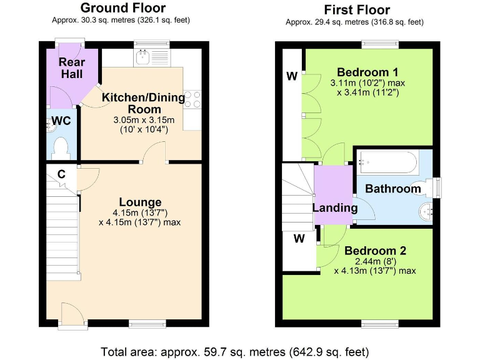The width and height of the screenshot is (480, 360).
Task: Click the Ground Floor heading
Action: pos(123,8)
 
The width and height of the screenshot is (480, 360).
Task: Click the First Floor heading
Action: pos(357,9)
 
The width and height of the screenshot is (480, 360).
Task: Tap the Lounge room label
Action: pos(140,202)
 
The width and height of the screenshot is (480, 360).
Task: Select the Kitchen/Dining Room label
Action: pos(144,103)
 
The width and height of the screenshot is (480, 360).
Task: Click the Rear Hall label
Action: pos(72,68)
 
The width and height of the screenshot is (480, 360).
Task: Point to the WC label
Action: pos(61,120)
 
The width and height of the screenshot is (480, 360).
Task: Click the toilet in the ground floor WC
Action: pos(61,147)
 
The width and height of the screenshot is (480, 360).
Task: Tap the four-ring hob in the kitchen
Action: pos(192,101)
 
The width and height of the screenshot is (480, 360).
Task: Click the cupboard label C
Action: pos(61,174)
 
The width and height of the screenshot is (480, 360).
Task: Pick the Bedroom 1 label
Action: pos(367,71)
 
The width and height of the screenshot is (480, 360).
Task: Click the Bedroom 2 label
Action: pos(375,251)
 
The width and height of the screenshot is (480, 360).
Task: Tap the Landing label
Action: pos(335,208)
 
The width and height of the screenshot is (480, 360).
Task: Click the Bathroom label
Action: pos(393,189)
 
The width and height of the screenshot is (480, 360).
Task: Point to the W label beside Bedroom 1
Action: pos(291,77)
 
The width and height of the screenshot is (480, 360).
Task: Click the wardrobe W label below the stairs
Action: pos(299,238)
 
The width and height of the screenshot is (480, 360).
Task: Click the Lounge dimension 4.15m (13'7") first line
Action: pos(140,212)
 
